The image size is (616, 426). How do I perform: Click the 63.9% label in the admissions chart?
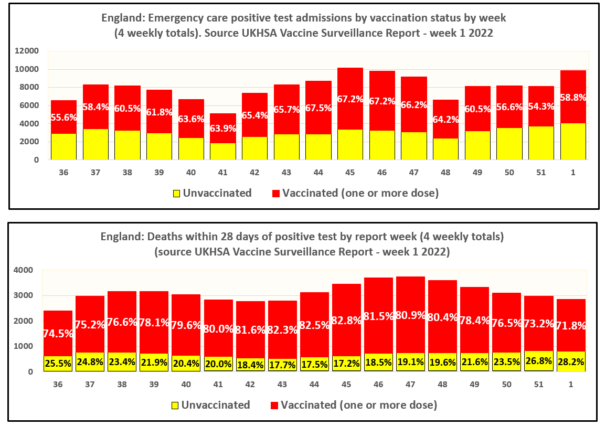pyautogui.click(x=223, y=129)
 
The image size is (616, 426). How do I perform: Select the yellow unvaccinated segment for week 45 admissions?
pyautogui.click(x=351, y=144)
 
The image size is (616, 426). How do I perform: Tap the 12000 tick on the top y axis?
pyautogui.click(x=28, y=51)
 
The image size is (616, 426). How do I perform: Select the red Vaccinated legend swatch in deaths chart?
pyautogui.click(x=274, y=406)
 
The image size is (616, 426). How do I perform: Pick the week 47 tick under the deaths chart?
pyautogui.click(x=410, y=385)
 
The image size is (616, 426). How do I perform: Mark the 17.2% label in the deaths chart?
pyautogui.click(x=346, y=363)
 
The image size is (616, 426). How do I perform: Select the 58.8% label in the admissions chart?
pyautogui.click(x=573, y=98)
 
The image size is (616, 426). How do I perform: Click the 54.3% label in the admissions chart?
pyautogui.click(x=541, y=114)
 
